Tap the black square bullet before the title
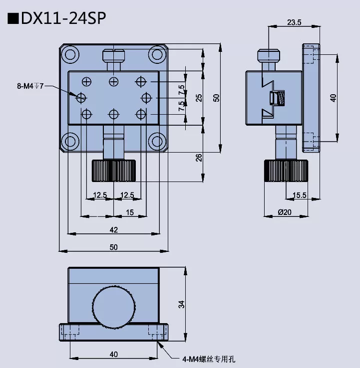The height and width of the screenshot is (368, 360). tap(12, 18)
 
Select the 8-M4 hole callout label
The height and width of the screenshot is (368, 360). tap(30, 86)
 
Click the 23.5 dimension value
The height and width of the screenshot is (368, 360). tap(294, 22)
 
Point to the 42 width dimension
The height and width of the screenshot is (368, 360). tap(113, 229)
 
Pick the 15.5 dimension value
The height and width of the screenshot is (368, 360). tap(300, 195)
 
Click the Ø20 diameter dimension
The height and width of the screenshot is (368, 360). tap(284, 212)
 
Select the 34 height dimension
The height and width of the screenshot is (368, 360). tap(182, 304)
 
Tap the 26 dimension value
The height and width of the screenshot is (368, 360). tap(199, 158)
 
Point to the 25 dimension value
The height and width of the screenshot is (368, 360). tap(199, 98)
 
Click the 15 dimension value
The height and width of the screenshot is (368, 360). tap(129, 212)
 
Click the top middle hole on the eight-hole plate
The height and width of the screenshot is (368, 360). tap(114, 81)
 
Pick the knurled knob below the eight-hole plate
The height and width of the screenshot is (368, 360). tap(114, 171)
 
